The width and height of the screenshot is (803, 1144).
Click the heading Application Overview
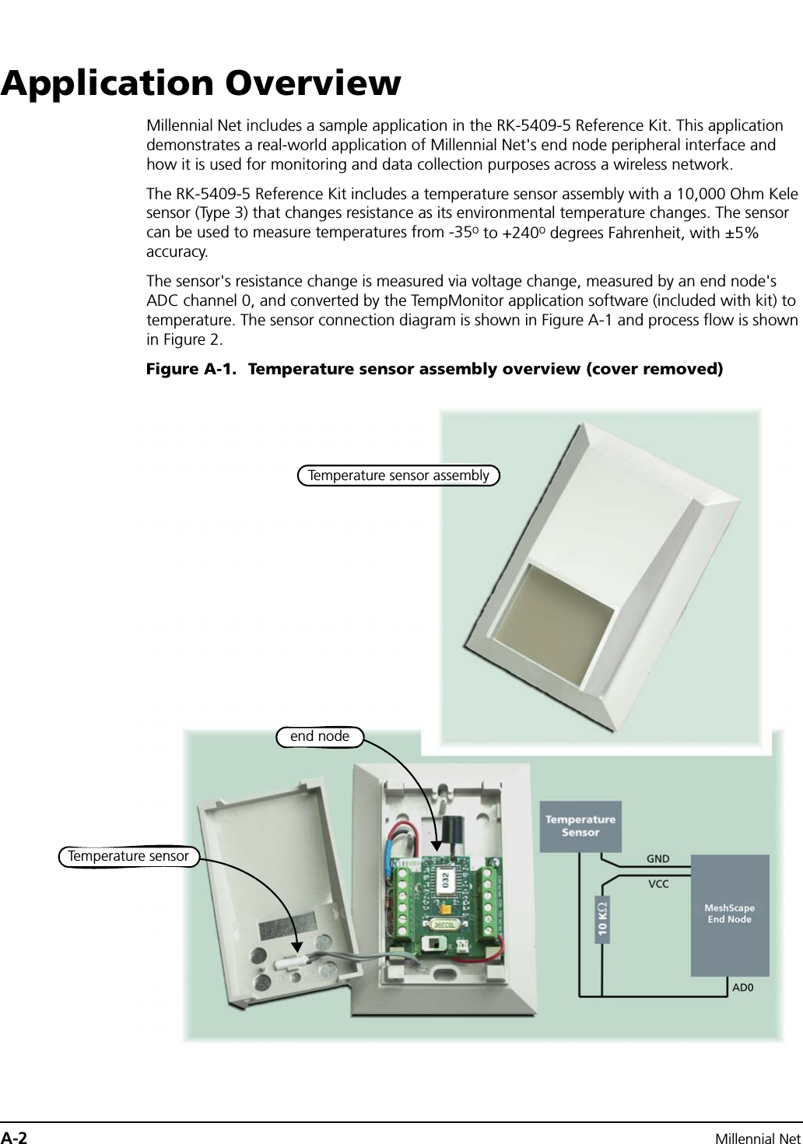pos(201,83)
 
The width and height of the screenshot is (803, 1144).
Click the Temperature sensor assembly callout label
pos(398,475)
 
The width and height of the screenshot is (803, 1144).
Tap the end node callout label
pos(319,736)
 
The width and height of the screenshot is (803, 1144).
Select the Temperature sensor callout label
pos(128,857)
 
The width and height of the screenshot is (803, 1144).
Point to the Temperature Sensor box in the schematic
pos(580,826)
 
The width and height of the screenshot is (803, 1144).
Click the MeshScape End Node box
pos(729,914)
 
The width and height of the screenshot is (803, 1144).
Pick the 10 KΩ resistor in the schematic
pos(603,918)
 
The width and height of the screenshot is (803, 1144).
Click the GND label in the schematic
pos(657,859)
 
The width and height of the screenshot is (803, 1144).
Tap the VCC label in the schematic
pos(658,884)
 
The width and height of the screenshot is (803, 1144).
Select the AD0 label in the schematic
pos(745,988)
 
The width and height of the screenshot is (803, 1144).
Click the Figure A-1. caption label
pos(191,369)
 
